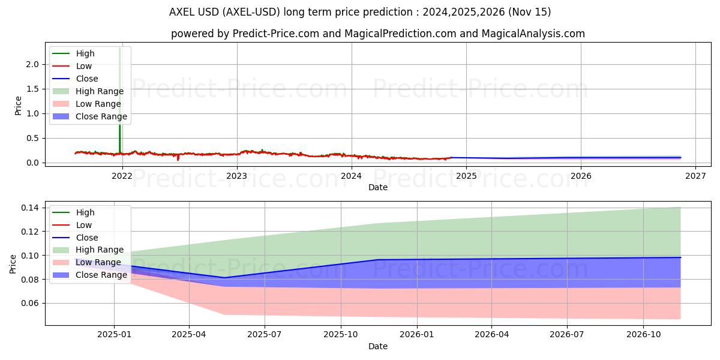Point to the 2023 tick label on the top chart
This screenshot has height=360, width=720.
click(x=237, y=176)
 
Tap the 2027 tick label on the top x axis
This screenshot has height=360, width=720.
click(x=695, y=176)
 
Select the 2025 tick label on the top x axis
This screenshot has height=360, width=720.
click(x=466, y=176)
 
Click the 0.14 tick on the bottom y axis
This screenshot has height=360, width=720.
click(x=29, y=208)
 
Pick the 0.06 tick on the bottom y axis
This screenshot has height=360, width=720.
click(x=29, y=304)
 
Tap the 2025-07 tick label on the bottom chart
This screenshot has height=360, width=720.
click(x=265, y=335)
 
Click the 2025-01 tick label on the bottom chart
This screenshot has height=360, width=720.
click(x=114, y=335)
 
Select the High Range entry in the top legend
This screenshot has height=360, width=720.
click(x=100, y=91)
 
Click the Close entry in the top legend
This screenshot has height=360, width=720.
click(x=87, y=79)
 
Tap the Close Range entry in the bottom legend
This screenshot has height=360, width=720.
click(x=101, y=275)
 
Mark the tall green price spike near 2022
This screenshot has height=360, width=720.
click(x=119, y=90)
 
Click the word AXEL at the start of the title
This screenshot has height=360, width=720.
click(x=182, y=12)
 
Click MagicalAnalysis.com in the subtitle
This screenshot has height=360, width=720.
click(x=536, y=34)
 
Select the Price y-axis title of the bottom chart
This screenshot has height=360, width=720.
click(x=14, y=263)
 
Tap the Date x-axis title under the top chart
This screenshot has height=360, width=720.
click(x=378, y=187)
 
